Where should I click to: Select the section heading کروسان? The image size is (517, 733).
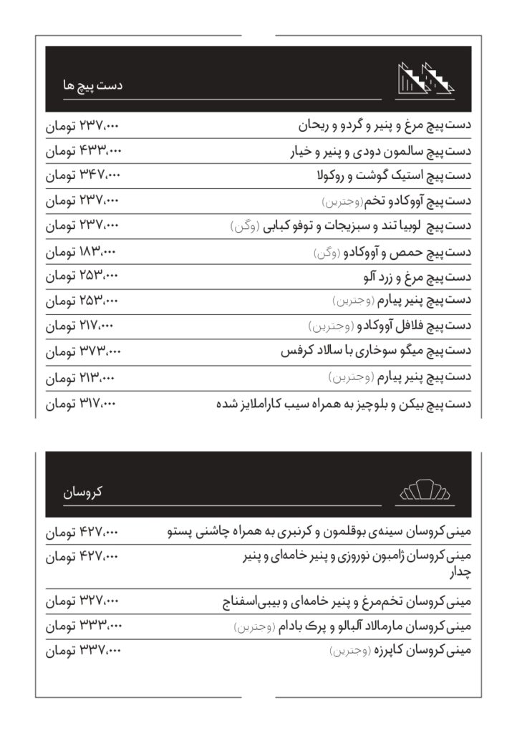pos(84,492)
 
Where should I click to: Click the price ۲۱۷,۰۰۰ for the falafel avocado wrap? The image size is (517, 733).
pos(81,326)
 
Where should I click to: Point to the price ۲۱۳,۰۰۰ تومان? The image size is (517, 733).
pos(81,376)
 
